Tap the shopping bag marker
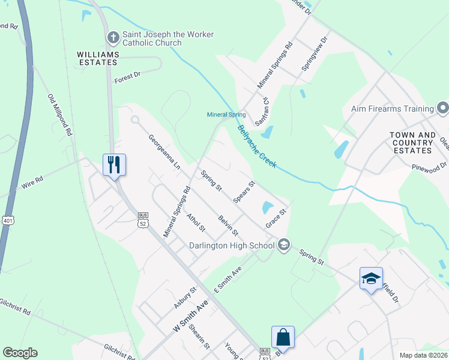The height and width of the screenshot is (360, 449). [283, 337]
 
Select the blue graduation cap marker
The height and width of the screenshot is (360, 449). [371, 278]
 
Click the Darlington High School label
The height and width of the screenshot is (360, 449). [231, 245]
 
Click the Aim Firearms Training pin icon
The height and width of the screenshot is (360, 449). [443, 109]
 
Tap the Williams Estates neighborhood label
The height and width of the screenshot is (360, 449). [98, 58]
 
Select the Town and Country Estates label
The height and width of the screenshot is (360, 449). [412, 143]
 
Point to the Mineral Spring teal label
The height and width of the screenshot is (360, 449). [226, 115]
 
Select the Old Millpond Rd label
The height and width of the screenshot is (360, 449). [60, 114]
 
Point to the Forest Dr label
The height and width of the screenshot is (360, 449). [127, 76]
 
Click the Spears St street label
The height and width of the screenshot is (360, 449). [244, 192]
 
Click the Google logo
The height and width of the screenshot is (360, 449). [20, 353]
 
